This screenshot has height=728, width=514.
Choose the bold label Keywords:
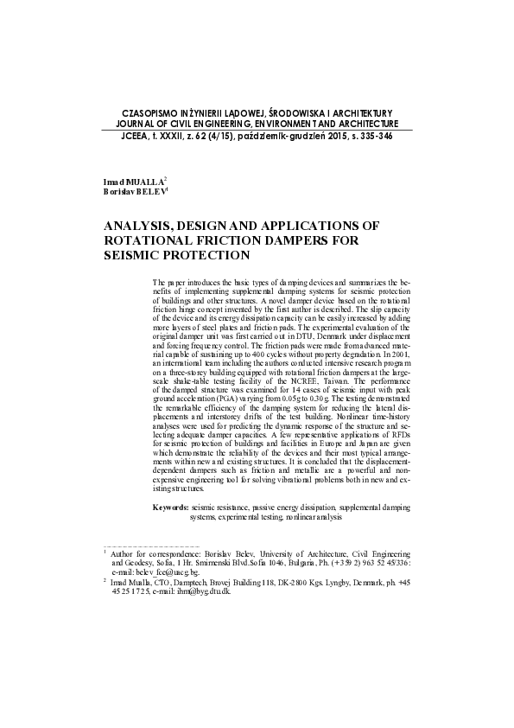(170, 507)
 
